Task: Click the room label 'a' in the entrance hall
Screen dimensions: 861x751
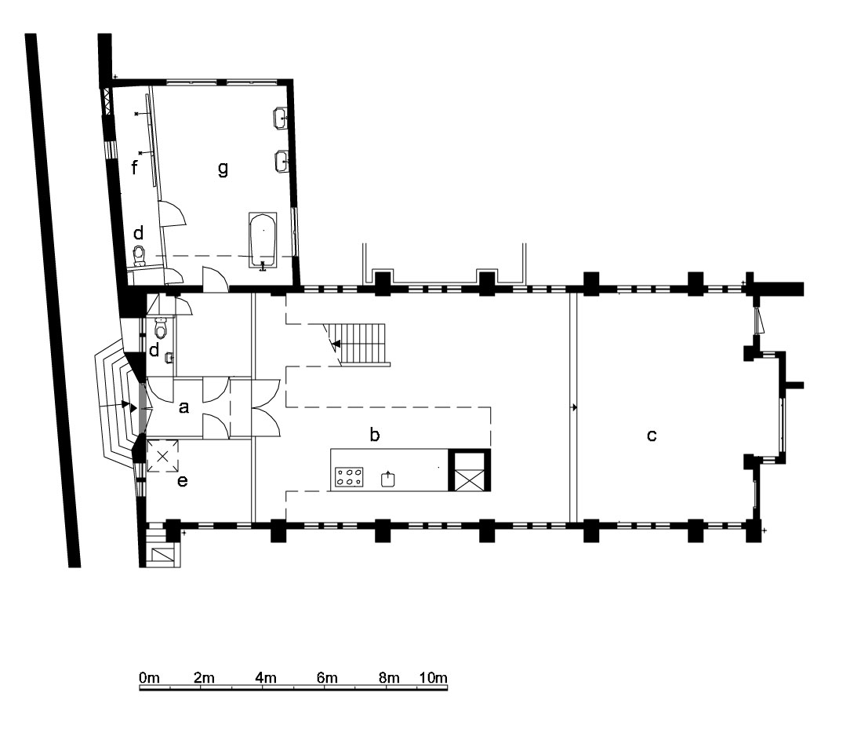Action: tap(184, 407)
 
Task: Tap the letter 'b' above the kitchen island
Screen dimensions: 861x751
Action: tap(375, 434)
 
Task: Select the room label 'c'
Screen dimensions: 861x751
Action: tap(652, 435)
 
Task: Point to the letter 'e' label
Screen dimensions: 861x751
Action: tap(182, 481)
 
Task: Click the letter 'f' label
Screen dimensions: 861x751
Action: tap(135, 167)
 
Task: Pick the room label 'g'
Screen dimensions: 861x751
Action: tap(223, 168)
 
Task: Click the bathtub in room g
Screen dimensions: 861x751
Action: tap(263, 241)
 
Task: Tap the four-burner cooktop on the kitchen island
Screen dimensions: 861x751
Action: tap(349, 477)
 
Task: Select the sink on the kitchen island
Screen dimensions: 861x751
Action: tap(388, 479)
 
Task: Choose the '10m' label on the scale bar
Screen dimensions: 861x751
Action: tap(434, 677)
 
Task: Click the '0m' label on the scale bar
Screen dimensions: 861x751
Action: tap(149, 677)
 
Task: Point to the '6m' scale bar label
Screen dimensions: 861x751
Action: tap(327, 677)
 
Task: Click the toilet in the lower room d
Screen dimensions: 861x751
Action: tap(161, 328)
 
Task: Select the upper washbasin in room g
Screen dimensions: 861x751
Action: tap(282, 117)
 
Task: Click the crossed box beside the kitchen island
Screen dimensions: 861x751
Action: tap(470, 470)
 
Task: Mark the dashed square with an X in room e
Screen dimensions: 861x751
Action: tap(162, 455)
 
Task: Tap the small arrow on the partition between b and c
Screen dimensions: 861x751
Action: tap(574, 407)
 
